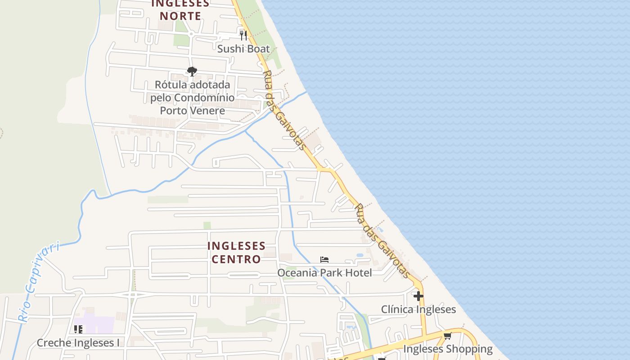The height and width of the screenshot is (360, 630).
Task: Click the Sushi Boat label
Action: [243, 49]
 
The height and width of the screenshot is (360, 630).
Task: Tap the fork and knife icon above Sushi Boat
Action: [243, 35]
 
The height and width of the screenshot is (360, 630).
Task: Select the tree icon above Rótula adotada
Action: [192, 72]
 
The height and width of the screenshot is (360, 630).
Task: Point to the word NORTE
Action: [180, 16]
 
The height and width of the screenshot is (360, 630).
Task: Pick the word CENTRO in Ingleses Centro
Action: [236, 259]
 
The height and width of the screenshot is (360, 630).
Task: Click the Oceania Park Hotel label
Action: [324, 273]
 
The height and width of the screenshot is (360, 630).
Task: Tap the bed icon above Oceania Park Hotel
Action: [324, 259]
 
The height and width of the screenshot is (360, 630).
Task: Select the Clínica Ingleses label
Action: [418, 309]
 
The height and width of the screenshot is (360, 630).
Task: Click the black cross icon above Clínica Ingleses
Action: [418, 296]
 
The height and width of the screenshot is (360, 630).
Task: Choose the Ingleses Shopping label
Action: [448, 349]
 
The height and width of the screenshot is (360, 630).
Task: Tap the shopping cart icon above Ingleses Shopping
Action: [447, 336]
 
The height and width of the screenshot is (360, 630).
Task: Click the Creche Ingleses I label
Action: [78, 343]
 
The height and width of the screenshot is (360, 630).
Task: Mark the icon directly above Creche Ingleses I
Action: [78, 329]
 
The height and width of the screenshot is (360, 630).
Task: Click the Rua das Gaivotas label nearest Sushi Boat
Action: [284, 110]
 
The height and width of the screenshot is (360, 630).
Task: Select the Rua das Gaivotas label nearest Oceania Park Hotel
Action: [382, 241]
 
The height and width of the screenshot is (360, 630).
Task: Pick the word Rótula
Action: [170, 85]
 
